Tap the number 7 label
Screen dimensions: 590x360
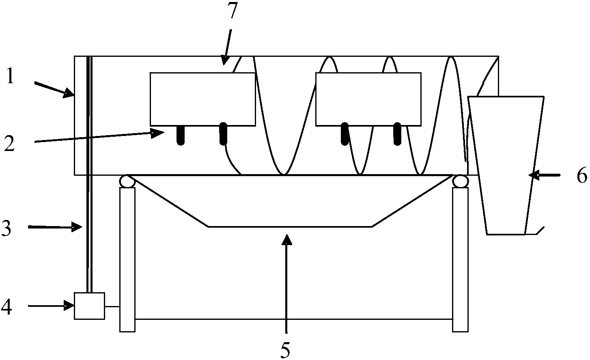pos(232,10)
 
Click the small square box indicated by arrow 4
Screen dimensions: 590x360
pos(90,306)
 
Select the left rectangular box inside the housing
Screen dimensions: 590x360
pos(203,99)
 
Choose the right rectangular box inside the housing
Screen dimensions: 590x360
pos(368,99)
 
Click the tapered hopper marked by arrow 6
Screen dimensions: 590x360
pos(506,166)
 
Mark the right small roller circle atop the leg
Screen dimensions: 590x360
pos(461,181)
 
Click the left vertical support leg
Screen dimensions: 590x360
pos(127,260)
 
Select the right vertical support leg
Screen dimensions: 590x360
pos(461,260)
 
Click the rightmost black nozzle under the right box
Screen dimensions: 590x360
pos(397,134)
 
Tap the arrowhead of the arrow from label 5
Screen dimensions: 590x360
pos(286,239)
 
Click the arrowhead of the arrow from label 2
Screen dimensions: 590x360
pos(158,134)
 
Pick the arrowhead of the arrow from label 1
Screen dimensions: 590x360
pos(69,93)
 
